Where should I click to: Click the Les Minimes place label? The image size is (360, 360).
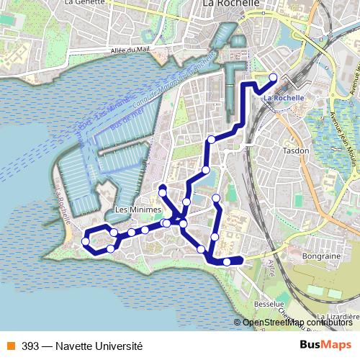(131, 210)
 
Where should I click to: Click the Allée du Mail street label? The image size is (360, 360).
(114, 50)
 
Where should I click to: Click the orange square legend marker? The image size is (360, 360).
(10, 346)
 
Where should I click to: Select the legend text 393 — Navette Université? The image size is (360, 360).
(82, 346)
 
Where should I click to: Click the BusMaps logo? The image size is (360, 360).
(325, 346)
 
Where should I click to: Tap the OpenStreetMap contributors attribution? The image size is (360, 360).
(297, 323)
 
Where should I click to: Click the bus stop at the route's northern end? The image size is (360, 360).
(273, 78)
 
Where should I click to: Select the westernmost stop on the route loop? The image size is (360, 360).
(86, 242)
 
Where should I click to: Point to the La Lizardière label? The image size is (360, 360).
(334, 316)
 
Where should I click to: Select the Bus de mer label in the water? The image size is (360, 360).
(127, 118)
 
